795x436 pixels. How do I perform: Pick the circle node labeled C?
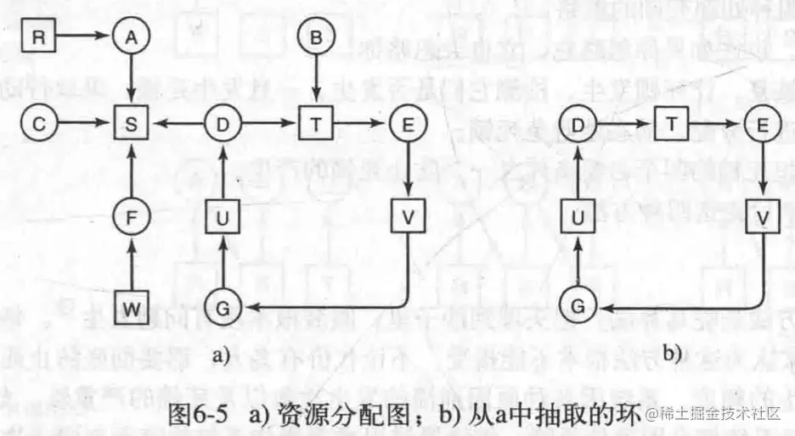tap(38, 124)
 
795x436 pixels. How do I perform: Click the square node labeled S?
tap(130, 124)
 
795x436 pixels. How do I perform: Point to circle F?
tap(130, 218)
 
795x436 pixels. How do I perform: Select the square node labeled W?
tap(130, 308)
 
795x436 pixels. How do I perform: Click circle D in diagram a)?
tap(223, 124)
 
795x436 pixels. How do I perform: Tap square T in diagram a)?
tap(315, 124)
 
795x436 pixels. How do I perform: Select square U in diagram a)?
tap(223, 218)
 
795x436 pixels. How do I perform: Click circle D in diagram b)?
tap(578, 124)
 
